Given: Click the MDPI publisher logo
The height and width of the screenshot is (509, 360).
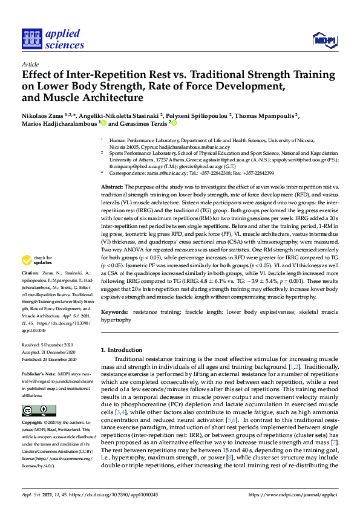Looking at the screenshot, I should (323, 41).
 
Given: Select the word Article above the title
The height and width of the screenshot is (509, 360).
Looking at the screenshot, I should (30, 63).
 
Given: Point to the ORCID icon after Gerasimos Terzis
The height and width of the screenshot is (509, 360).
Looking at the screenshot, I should (174, 123).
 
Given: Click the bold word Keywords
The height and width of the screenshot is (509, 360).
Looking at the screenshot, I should (114, 312).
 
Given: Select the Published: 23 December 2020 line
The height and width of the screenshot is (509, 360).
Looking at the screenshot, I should (51, 358).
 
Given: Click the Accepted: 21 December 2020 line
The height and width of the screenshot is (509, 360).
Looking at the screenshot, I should (51, 351).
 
